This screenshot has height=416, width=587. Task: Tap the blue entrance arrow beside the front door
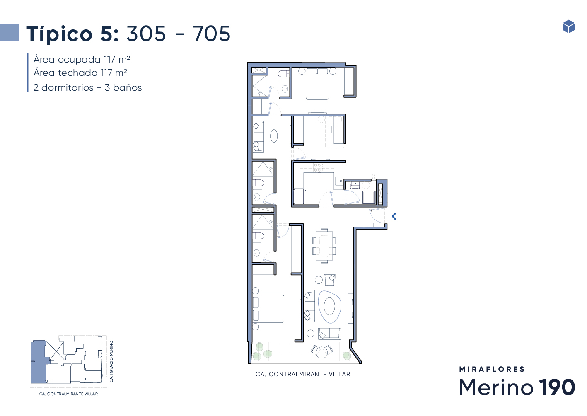394,217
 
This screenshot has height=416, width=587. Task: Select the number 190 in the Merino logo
557,387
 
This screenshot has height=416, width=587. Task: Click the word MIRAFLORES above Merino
492,369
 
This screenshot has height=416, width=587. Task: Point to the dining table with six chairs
324,246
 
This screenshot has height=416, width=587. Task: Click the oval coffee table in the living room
329,307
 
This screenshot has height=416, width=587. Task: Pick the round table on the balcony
321,352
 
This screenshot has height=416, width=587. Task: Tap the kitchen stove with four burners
319,167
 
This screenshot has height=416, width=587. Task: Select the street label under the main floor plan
303,374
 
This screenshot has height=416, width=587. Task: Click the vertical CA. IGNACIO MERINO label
111,361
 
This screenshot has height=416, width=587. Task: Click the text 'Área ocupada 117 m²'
82,60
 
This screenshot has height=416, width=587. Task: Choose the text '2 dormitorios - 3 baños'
87,87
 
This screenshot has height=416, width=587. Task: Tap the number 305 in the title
146,34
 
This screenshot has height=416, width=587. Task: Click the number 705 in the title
212,34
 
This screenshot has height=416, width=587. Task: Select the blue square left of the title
10,32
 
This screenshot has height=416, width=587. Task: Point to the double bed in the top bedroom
317,84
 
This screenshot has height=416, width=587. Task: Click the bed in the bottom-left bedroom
268,309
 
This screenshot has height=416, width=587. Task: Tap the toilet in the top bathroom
283,74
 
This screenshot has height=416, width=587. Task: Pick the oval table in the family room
274,136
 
